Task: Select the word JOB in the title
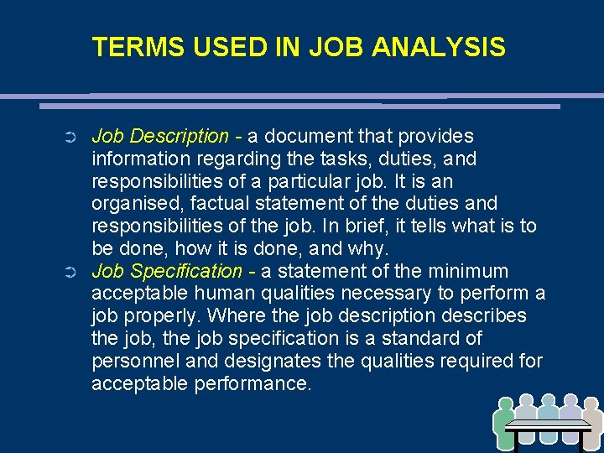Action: (336, 47)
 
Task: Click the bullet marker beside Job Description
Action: (70, 137)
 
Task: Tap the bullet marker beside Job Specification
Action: (70, 272)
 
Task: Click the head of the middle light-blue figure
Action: (548, 402)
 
